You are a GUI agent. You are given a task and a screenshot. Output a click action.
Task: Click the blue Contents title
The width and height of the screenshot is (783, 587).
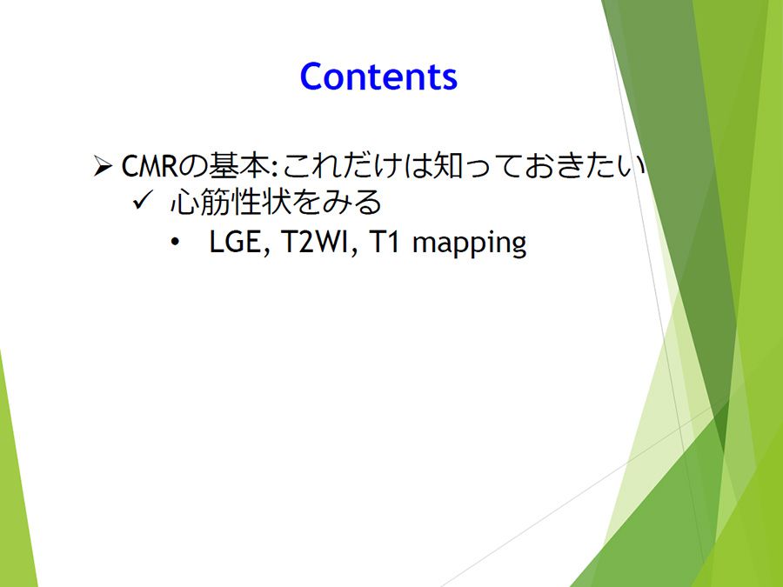(378, 77)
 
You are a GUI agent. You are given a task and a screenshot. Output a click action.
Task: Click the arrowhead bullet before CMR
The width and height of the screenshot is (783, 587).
(103, 166)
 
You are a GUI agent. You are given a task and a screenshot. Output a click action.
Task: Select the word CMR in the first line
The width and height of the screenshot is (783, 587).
(150, 166)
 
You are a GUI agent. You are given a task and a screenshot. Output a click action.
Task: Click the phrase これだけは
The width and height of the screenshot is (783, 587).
(357, 165)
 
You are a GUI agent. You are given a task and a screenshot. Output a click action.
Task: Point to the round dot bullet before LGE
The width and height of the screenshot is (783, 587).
(174, 243)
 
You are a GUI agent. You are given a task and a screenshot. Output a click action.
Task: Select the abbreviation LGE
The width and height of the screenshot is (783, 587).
(235, 242)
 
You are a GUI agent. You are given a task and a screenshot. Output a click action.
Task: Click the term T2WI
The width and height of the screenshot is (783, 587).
(314, 242)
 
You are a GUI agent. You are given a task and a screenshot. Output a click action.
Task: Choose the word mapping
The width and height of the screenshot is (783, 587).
(470, 244)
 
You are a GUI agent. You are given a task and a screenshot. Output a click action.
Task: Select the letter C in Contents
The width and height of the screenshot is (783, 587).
(311, 77)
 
